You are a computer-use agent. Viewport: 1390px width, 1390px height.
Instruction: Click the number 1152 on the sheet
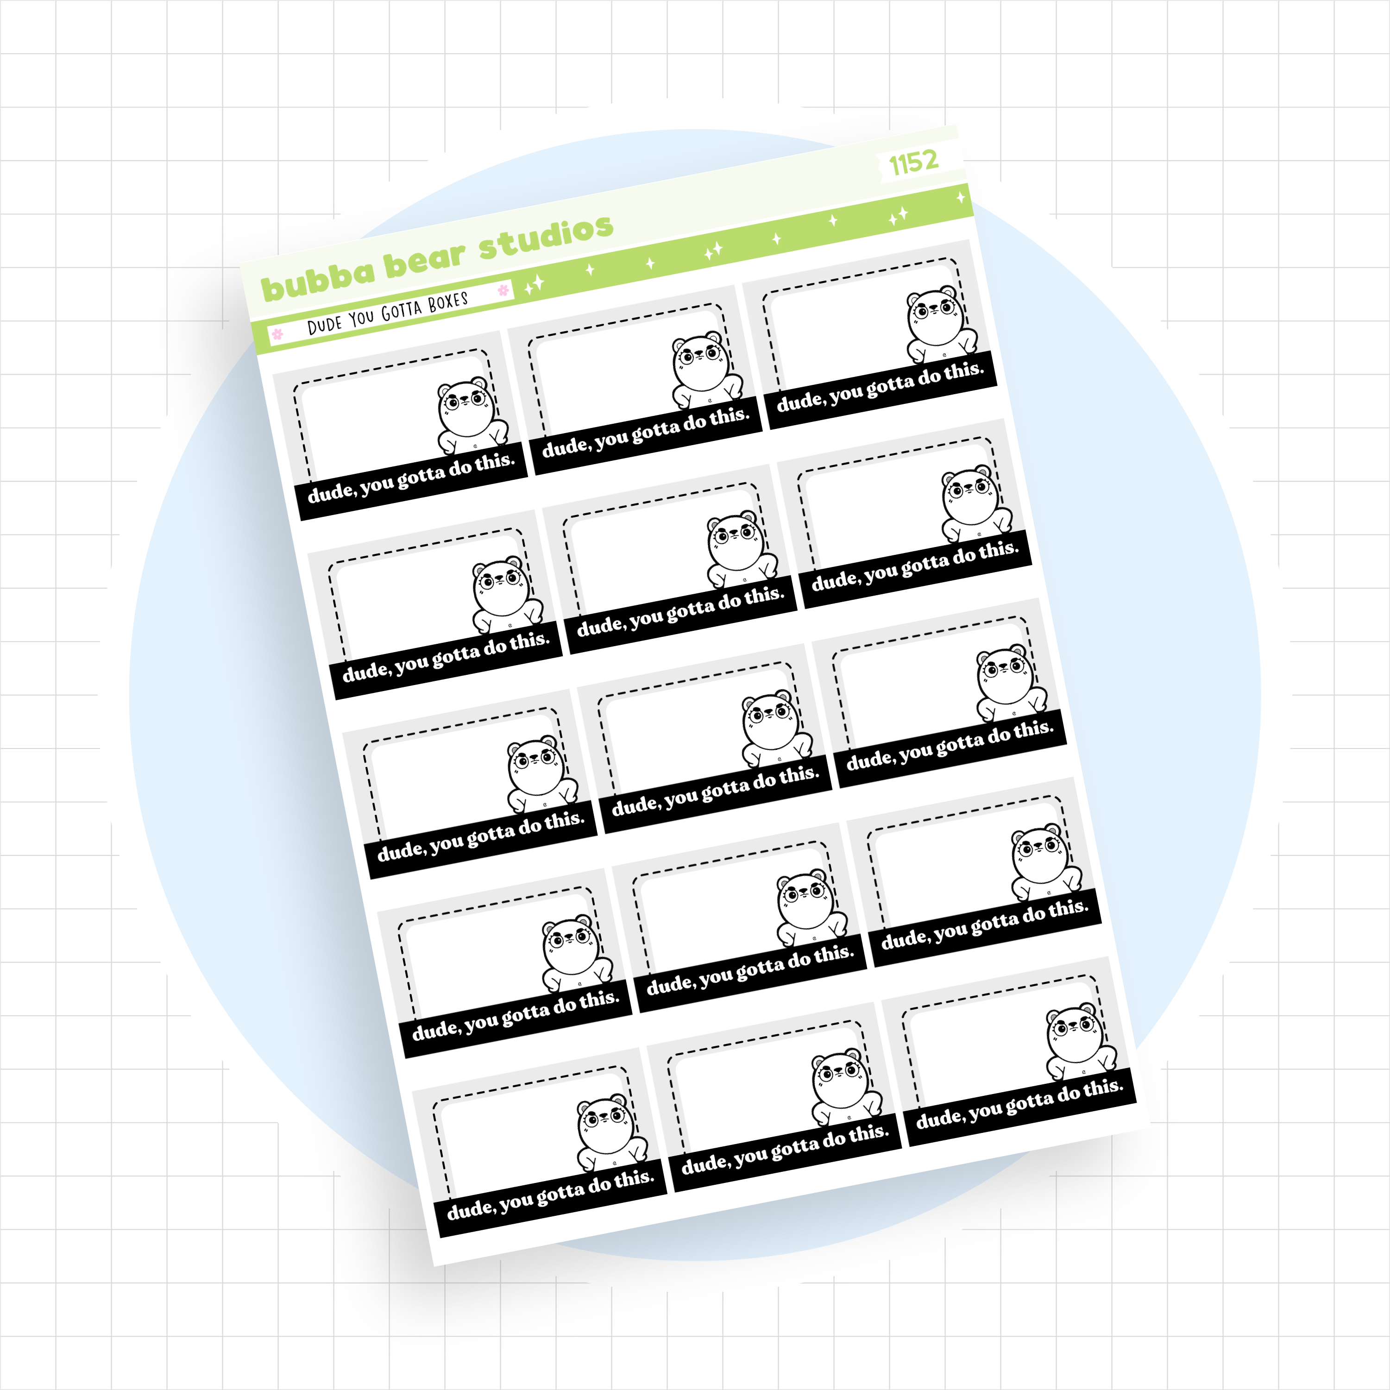[x=914, y=163]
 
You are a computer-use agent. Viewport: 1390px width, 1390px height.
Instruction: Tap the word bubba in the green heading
[x=318, y=279]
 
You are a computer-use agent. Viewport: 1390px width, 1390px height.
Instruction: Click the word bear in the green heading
[x=424, y=260]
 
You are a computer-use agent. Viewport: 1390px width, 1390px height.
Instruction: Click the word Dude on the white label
[x=325, y=325]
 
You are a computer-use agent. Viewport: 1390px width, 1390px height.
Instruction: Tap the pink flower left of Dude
[x=277, y=334]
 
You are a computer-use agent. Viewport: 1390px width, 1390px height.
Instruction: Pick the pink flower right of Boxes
[x=503, y=290]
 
